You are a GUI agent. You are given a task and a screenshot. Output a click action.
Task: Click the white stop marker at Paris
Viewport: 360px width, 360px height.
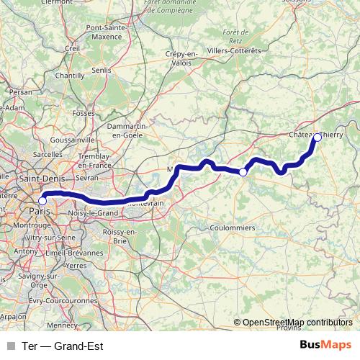tap(42, 201)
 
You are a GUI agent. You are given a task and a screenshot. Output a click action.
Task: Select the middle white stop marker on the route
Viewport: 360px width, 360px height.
tap(243, 172)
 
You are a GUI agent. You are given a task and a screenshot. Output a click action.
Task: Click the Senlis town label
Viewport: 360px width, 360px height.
tap(102, 70)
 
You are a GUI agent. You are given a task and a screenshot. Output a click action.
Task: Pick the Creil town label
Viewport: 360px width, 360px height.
tap(72, 48)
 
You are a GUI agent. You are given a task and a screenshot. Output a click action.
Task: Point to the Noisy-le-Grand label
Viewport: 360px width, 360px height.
tap(93, 213)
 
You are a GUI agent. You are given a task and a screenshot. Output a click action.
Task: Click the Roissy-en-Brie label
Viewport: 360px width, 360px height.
tap(119, 235)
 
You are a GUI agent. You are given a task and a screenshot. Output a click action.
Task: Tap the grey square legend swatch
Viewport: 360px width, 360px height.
tap(10, 346)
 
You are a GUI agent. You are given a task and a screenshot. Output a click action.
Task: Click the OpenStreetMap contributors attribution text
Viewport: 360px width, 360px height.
tap(297, 323)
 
